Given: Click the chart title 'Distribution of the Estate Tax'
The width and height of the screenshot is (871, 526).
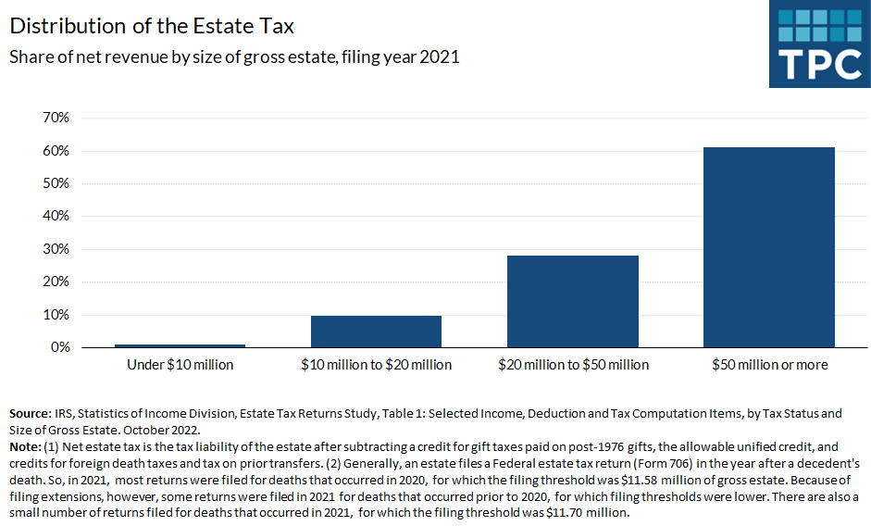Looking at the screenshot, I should pyautogui.click(x=152, y=24).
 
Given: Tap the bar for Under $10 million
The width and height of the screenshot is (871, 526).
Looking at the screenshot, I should pyautogui.click(x=180, y=345).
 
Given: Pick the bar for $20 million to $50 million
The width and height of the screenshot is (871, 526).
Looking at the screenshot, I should pyautogui.click(x=573, y=301).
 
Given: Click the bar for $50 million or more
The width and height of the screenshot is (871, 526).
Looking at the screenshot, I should pyautogui.click(x=769, y=247).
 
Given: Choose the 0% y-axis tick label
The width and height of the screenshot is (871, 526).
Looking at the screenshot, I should pyautogui.click(x=59, y=347).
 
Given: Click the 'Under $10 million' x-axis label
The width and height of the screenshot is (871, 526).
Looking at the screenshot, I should pyautogui.click(x=180, y=365).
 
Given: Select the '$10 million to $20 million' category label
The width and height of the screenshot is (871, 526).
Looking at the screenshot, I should pyautogui.click(x=376, y=365).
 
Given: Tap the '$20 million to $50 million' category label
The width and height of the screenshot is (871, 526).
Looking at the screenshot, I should pyautogui.click(x=573, y=365).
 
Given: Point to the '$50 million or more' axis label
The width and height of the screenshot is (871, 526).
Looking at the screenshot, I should pyautogui.click(x=769, y=365).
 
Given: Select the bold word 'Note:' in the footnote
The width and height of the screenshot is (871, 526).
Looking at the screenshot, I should pyautogui.click(x=26, y=446).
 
